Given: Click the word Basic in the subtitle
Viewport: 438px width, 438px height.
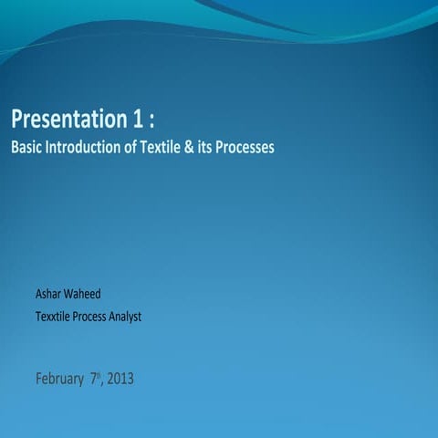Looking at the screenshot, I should point(26,146).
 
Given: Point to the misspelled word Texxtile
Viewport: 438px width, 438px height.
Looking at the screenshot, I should point(55,317).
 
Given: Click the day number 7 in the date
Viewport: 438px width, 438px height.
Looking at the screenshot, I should point(93,377).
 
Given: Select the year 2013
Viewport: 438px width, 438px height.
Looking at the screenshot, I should point(120,378).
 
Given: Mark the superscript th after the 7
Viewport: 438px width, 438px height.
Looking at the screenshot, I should point(99,373).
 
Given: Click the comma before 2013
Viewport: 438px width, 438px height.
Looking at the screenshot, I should point(104,382).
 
